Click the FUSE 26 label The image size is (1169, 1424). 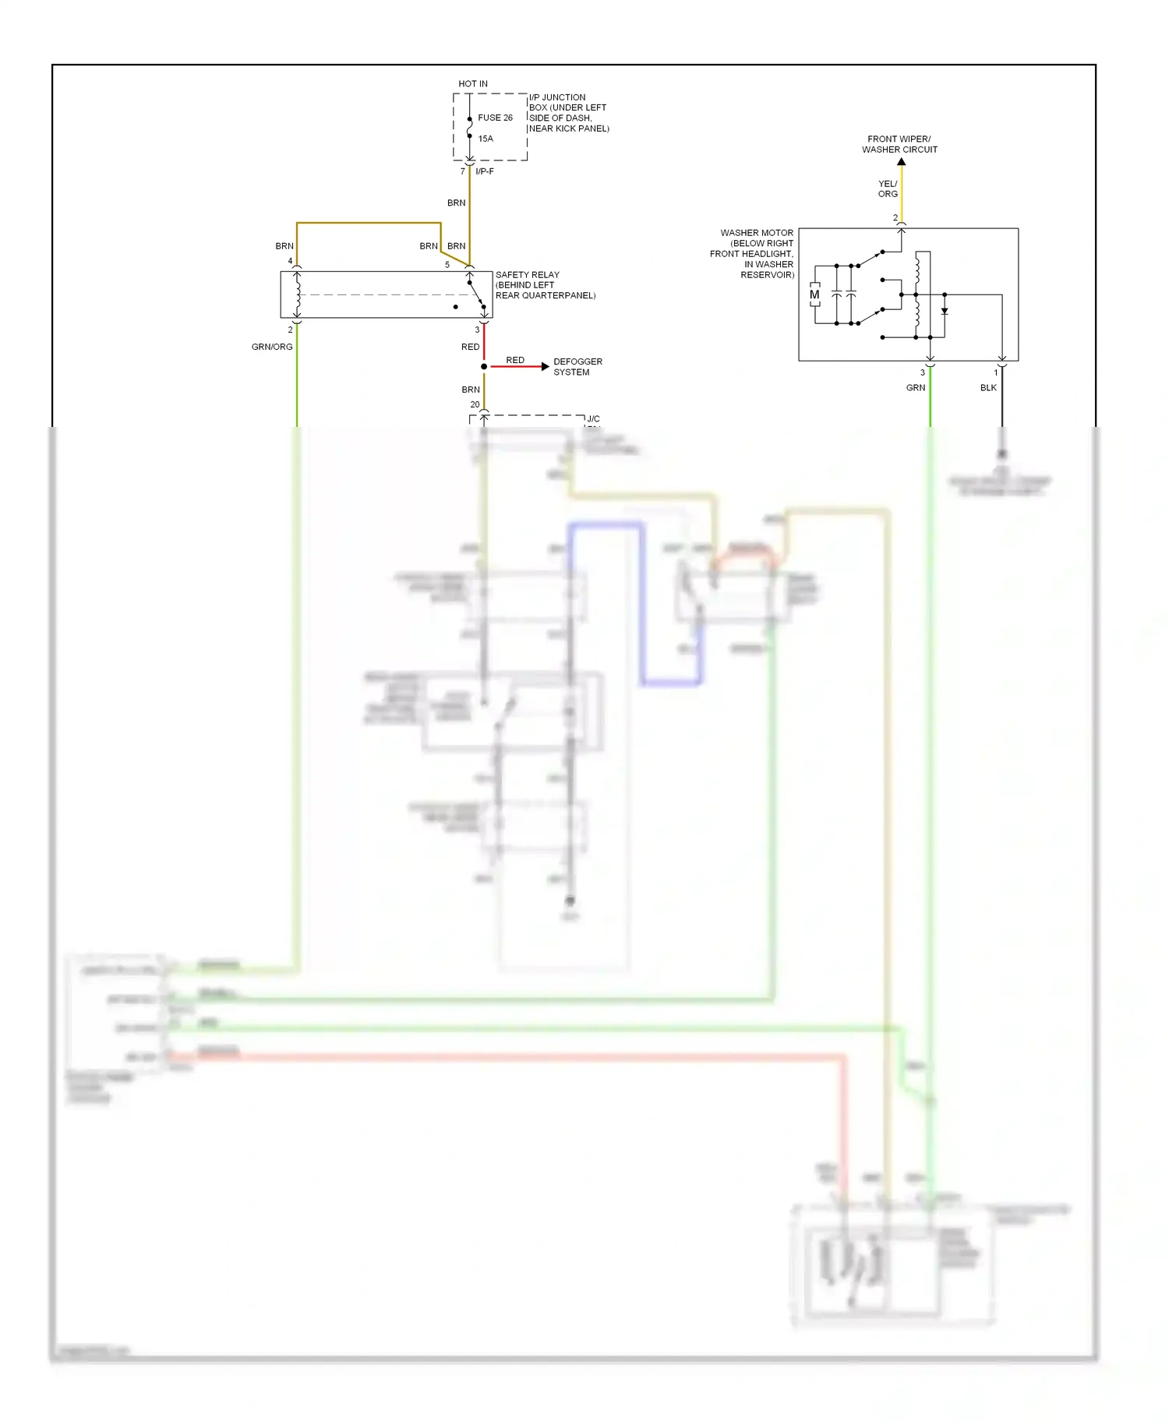click(495, 118)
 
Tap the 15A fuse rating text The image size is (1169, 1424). click(486, 139)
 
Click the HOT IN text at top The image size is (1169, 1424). click(472, 83)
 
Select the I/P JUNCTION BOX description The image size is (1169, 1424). click(568, 113)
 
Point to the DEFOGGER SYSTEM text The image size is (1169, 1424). click(577, 367)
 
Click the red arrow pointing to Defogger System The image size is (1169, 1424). click(545, 366)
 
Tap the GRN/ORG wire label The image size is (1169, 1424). click(272, 347)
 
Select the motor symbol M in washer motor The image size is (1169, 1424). click(814, 295)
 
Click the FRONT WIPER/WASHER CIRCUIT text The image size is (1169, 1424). click(899, 144)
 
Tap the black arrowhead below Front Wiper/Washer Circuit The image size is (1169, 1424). click(902, 162)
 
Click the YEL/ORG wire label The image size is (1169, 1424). click(888, 189)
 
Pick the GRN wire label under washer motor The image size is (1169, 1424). click(916, 388)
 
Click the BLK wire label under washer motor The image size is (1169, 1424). click(988, 388)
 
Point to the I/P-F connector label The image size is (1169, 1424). click(485, 171)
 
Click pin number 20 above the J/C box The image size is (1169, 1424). click(475, 404)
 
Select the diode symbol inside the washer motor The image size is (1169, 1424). click(945, 311)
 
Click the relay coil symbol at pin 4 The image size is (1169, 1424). click(297, 294)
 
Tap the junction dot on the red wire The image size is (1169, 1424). click(484, 366)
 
